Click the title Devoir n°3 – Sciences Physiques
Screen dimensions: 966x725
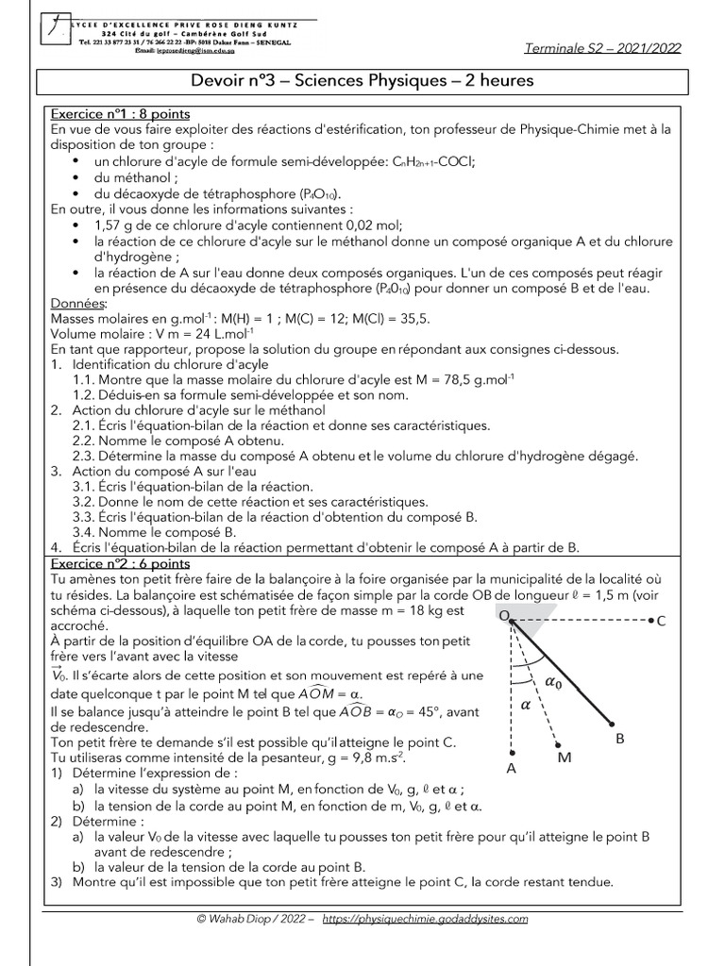(362, 81)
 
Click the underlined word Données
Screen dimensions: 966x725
(78, 304)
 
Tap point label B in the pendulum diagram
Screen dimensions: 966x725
(620, 739)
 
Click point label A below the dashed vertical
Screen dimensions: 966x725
(511, 768)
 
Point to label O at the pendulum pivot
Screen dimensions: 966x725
(504, 615)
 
